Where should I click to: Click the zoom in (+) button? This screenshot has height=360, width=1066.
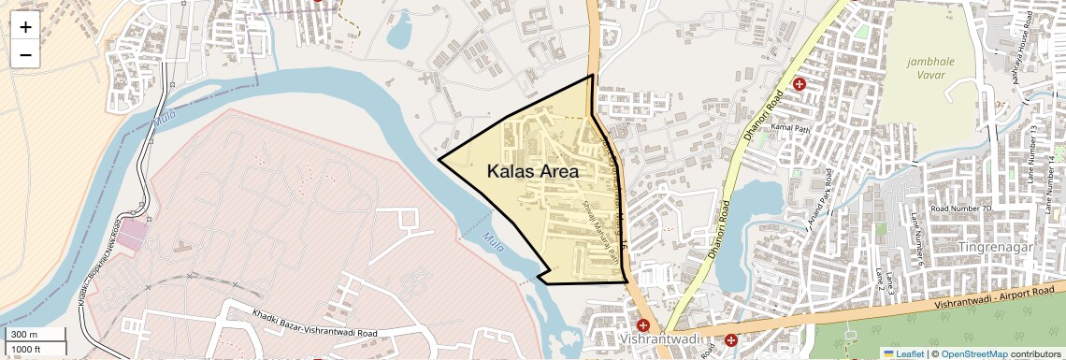25,27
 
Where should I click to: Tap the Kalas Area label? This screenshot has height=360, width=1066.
533,172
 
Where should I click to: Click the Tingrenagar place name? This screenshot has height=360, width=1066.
997,246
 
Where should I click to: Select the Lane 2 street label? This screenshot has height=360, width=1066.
880,279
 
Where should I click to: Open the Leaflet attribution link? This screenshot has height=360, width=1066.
904,353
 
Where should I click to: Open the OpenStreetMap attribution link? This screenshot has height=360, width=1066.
974,353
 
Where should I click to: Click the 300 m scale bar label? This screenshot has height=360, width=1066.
24,335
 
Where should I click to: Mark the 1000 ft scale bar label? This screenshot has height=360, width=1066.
26,349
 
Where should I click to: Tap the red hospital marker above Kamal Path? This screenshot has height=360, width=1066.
799,84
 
